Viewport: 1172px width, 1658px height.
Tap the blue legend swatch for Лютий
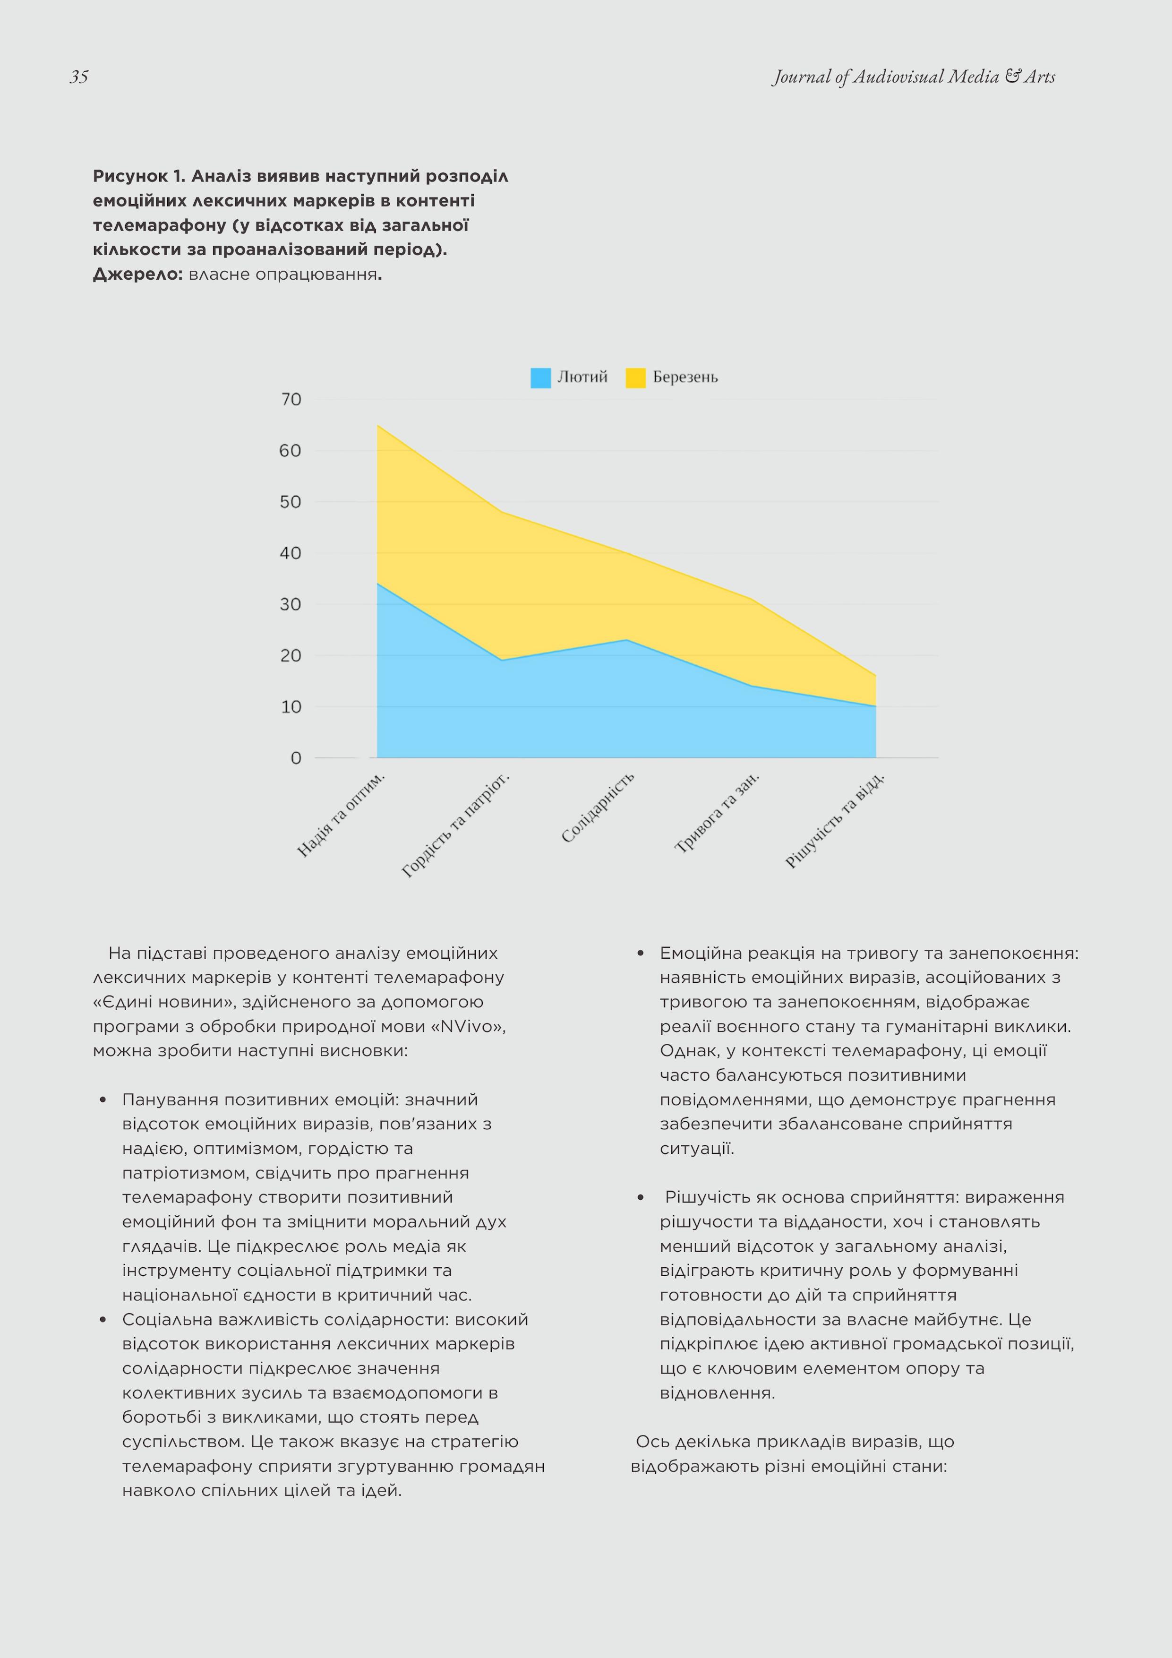[x=540, y=378]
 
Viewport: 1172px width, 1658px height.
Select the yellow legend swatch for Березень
[x=635, y=378]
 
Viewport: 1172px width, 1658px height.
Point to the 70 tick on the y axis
[x=291, y=399]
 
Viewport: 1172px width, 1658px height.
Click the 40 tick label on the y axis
[x=291, y=553]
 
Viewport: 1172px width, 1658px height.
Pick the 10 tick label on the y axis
[x=291, y=707]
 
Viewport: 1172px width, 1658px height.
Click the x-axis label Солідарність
[x=598, y=808]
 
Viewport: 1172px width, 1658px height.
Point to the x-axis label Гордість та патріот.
[x=456, y=825]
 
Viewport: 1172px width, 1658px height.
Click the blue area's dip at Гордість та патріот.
[x=502, y=660]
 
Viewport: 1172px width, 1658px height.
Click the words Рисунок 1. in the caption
[x=139, y=176]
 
